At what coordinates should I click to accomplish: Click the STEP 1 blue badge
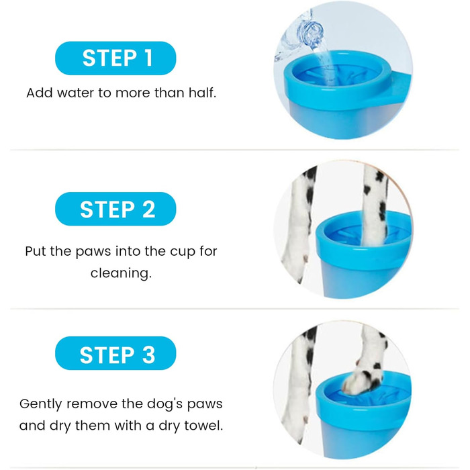point(115,58)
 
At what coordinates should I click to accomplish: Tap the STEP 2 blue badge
point(115,209)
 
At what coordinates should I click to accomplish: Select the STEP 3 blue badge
point(115,353)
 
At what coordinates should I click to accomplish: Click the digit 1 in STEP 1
point(148,58)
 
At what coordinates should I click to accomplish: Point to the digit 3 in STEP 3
point(148,355)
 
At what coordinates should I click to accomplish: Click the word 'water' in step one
point(75,93)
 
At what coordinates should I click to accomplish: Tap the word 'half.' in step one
point(202,93)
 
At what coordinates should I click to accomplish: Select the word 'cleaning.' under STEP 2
point(121,273)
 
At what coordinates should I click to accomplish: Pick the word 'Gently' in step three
point(41,404)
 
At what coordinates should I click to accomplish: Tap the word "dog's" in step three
point(162,404)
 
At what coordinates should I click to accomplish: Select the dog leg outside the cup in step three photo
point(299,383)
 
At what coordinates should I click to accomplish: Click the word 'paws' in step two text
point(93,252)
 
